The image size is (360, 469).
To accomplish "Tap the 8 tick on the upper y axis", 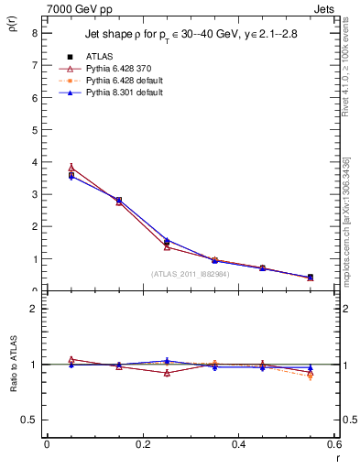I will pos(34,32).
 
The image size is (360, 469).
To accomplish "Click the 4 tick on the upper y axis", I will pos(34,162).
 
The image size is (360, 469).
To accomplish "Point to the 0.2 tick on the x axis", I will pos(143,444).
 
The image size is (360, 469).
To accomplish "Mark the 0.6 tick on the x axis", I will pos(335,444).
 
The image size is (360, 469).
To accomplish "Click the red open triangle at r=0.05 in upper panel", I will pos(71,168).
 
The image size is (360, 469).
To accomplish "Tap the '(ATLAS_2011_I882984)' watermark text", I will pos(191,274).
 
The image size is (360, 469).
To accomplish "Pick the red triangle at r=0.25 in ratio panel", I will pos(167,373).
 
